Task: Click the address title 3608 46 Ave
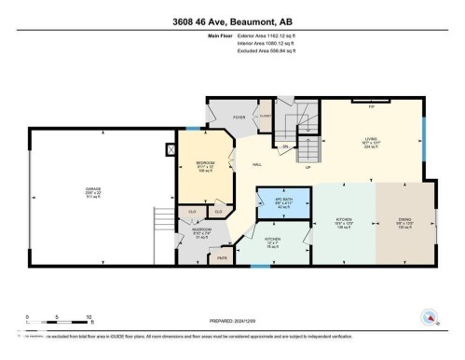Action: pyautogui.click(x=232, y=21)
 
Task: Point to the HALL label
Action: pyautogui.click(x=256, y=164)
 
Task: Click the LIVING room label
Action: pyautogui.click(x=370, y=141)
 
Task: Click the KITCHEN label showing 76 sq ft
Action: pyautogui.click(x=271, y=241)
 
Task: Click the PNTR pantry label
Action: pyautogui.click(x=222, y=257)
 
